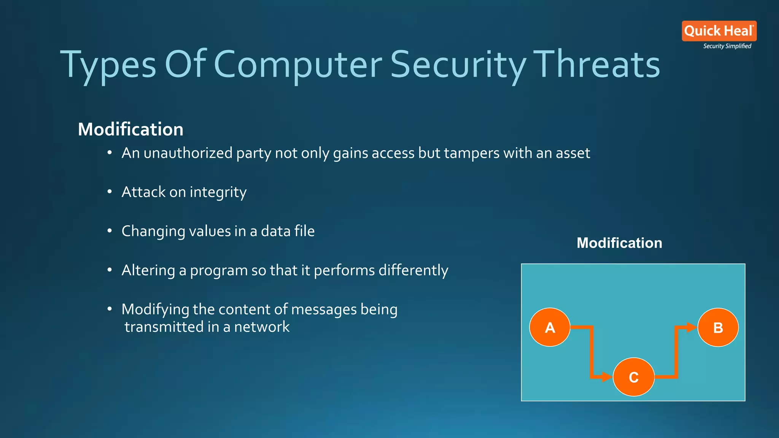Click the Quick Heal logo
[x=719, y=31]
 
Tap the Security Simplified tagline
[x=727, y=46]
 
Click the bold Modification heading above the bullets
[x=130, y=129]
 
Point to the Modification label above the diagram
[x=619, y=243]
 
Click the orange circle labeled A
[x=550, y=327]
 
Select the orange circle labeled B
[x=718, y=327]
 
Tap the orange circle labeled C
[x=634, y=377]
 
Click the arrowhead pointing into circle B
[x=692, y=327]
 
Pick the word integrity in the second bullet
[x=218, y=192]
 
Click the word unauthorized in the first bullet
[x=188, y=153]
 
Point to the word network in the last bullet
[x=262, y=327]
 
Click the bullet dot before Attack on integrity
[x=110, y=192]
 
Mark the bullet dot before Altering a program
[x=110, y=270]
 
